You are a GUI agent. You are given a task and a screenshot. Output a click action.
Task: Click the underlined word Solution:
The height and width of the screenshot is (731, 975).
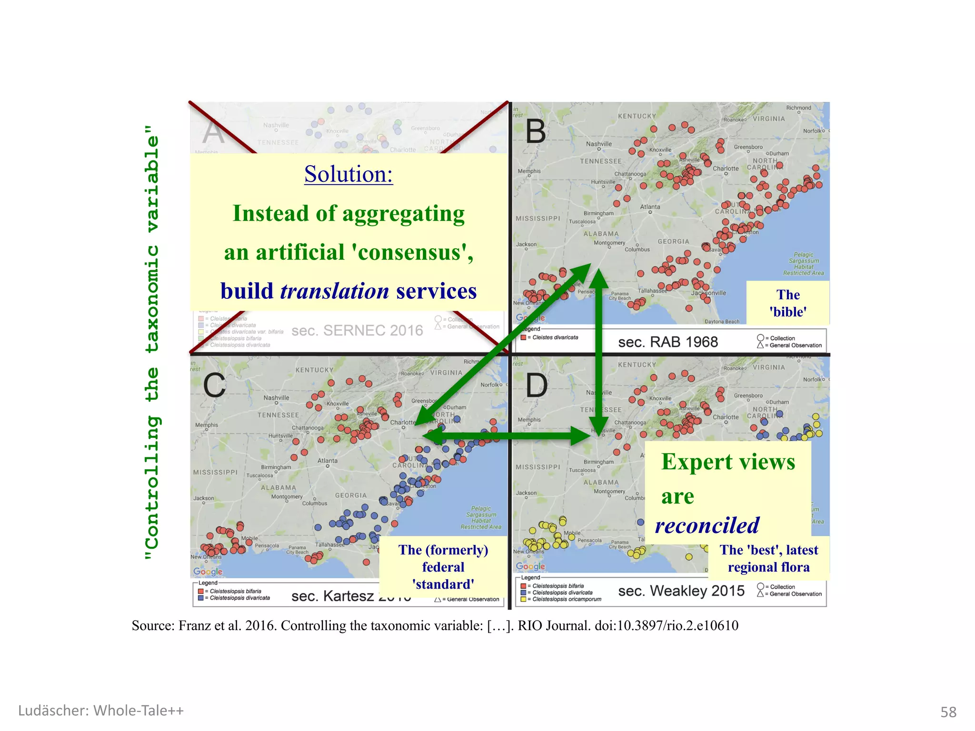point(348,174)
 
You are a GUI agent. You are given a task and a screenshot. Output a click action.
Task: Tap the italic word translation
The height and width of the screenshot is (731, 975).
point(335,291)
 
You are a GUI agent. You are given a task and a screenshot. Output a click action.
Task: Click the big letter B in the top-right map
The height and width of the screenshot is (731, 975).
point(536,131)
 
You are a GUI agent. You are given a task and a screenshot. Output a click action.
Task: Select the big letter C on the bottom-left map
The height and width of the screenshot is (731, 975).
point(214,385)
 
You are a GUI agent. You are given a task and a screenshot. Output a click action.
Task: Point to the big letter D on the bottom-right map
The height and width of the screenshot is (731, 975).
point(537,385)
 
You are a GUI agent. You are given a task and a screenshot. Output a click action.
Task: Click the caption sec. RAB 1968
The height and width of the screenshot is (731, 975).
point(667,342)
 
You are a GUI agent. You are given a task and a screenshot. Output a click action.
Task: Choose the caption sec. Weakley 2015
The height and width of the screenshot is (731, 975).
point(681,591)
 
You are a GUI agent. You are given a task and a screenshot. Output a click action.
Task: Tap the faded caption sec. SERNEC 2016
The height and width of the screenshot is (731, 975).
point(357,330)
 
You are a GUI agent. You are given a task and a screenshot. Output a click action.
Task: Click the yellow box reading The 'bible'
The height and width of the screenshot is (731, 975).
point(788,303)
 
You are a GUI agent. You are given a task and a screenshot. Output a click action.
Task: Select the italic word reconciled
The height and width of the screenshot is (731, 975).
point(707,525)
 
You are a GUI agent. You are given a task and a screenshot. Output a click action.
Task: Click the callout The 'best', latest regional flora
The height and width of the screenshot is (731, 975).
point(769,558)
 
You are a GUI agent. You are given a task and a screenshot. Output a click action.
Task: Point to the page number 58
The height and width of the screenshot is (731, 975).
point(948,712)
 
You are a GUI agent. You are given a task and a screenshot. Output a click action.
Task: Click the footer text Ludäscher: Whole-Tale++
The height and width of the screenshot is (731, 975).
point(101,711)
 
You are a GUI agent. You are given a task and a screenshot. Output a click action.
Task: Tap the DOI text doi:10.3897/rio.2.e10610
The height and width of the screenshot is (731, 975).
point(667,625)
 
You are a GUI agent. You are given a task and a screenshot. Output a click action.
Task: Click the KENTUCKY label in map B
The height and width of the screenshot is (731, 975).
point(637,116)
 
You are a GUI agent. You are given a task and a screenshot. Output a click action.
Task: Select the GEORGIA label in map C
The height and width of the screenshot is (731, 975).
point(351,495)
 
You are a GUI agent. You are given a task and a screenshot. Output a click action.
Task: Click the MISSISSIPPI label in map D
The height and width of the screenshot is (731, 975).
point(538,467)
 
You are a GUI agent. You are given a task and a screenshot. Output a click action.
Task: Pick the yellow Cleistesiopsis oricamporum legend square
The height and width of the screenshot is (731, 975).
point(523,599)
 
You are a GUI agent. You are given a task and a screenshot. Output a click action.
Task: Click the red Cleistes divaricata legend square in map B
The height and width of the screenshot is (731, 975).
point(523,337)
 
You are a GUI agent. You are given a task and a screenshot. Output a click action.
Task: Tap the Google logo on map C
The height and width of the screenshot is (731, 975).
point(208,572)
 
